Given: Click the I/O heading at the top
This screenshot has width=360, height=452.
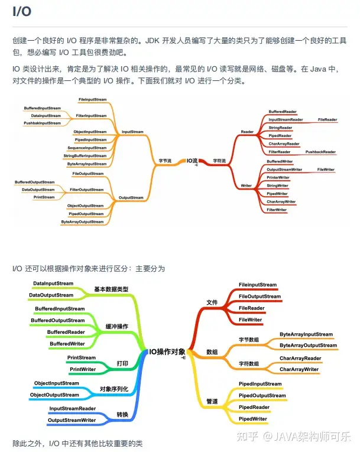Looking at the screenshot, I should (22, 11).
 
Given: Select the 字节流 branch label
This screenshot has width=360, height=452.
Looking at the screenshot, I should (165, 160).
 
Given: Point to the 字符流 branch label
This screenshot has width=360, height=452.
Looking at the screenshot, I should (220, 160).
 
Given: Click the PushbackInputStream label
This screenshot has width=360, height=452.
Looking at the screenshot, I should (43, 123).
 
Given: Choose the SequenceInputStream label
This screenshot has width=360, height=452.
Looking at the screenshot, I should (87, 148).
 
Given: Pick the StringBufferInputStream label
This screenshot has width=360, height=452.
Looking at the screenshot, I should (85, 155).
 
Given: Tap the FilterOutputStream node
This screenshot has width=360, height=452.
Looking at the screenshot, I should (87, 190).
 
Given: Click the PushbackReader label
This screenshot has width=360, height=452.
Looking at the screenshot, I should (320, 152).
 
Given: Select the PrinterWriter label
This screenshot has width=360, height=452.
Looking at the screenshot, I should (278, 177).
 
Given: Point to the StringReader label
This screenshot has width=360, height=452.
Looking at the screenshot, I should (280, 128).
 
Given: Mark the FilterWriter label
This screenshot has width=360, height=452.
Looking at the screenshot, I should (277, 210).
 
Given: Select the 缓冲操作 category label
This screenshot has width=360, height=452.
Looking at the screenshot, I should (116, 326).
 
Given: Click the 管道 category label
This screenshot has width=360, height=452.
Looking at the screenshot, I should (212, 401).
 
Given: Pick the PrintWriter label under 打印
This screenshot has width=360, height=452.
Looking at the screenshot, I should (83, 369).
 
